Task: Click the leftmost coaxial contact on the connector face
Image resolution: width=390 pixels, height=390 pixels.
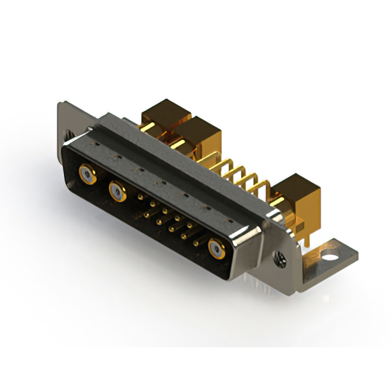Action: [87, 175]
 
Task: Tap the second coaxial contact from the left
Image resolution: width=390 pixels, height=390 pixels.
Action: [117, 192]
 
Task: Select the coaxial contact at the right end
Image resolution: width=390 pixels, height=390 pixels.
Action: [216, 248]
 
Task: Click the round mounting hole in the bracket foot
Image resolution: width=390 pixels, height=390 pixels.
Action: [330, 249]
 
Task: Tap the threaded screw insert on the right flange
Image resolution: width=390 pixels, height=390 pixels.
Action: [281, 258]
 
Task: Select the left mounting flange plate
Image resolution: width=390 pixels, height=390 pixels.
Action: [66, 122]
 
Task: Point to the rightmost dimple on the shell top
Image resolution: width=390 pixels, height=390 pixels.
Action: [230, 219]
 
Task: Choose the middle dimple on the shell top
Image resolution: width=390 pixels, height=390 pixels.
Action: [160, 181]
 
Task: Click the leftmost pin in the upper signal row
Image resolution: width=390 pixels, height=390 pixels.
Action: [141, 197]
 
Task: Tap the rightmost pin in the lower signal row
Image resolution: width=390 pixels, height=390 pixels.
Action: [196, 242]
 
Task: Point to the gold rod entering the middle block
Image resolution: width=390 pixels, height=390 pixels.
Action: [177, 144]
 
